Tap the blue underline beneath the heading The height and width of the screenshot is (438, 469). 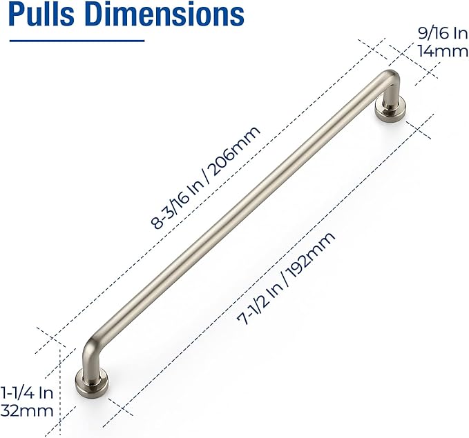coord(76,40)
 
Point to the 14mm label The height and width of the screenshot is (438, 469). coord(437,50)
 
